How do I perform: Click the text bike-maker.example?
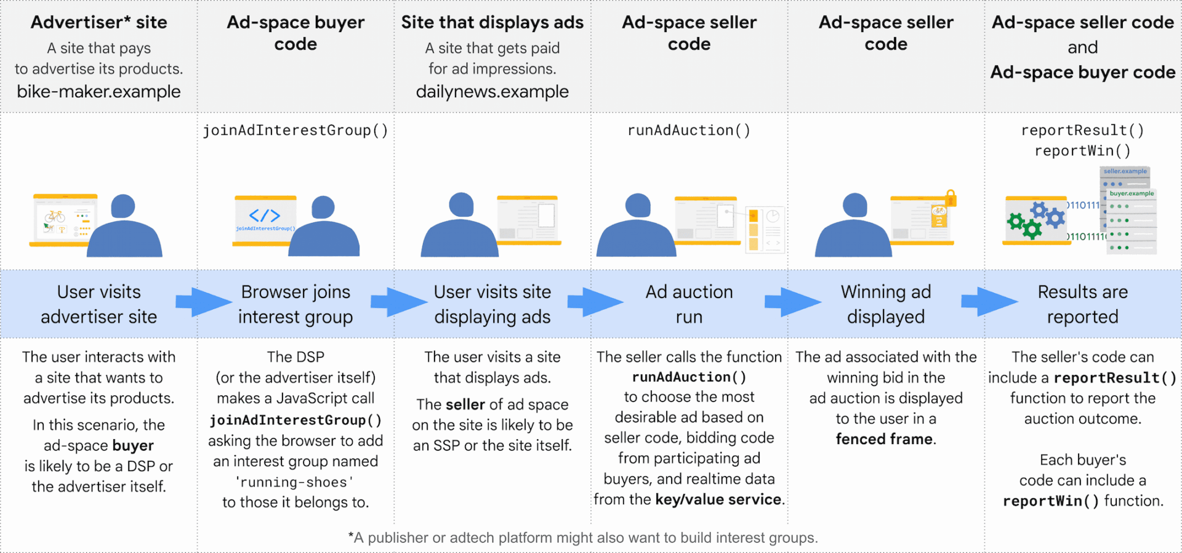coord(98,92)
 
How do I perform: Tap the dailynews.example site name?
coord(492,92)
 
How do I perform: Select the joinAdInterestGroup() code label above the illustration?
coord(295,131)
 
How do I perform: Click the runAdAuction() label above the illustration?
coord(689,131)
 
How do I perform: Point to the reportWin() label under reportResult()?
coord(1082,151)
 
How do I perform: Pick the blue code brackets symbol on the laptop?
coord(265,216)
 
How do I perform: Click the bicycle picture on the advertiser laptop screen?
coord(55,216)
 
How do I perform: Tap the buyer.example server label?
coord(1132,193)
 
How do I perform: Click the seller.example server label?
coord(1125,171)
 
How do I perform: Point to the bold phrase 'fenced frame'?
coord(884,439)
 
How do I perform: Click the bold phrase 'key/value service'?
coord(718,499)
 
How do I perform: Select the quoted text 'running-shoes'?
coord(295,482)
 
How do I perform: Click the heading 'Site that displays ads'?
coord(492,23)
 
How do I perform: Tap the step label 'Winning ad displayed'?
coord(886,304)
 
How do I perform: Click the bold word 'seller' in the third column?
coord(465,405)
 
